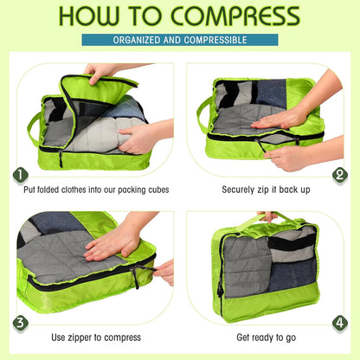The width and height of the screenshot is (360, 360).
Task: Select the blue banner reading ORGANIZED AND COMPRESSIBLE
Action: click(179, 40)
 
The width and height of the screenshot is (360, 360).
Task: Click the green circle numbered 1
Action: click(20, 175)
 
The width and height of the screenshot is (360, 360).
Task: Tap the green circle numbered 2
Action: click(339, 175)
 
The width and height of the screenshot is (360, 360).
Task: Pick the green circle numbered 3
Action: click(20, 322)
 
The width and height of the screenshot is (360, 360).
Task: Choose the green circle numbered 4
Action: click(339, 322)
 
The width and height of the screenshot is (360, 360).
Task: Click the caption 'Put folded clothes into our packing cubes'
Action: click(96, 189)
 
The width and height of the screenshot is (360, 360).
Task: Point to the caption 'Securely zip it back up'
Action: click(265, 189)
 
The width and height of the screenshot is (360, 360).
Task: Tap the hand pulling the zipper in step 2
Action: click(290, 157)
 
